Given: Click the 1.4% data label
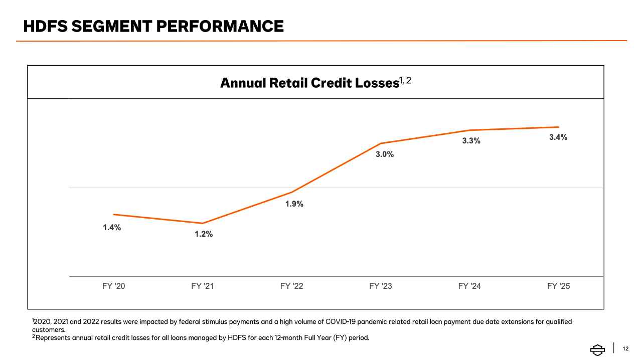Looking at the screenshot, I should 112,228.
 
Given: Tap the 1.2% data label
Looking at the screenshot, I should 204,234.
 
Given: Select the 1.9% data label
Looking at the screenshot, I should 294,204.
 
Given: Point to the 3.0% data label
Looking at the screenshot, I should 385,154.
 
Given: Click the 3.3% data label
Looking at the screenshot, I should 471,141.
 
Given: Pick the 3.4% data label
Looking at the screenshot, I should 558,137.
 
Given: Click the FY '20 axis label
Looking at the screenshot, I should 113,286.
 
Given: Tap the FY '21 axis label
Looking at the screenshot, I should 202,286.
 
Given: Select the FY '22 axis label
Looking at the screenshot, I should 291,286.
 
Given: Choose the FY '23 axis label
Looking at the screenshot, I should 381,286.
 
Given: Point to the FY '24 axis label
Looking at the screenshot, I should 469,286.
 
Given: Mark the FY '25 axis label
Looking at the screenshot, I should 558,286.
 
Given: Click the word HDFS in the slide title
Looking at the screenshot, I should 45,26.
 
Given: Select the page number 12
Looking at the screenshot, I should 625,348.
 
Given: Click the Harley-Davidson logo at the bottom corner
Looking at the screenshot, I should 597,349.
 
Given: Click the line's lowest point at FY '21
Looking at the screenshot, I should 203,223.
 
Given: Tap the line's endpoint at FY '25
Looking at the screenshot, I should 558,127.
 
